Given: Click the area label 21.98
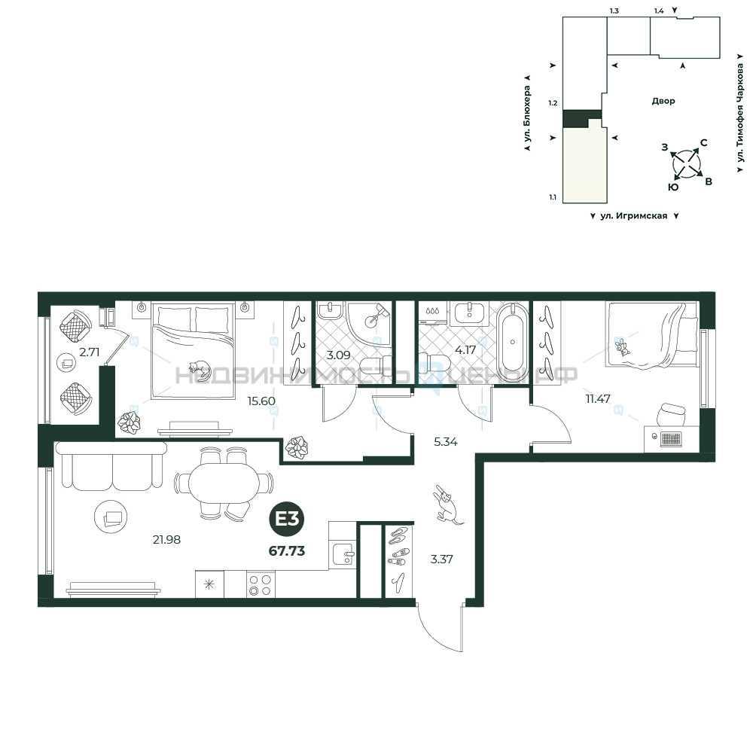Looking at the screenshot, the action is click(166, 540).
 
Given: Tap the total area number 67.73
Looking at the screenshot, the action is click(287, 551).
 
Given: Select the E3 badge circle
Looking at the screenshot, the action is click(287, 519).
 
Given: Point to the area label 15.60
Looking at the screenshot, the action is click(261, 401).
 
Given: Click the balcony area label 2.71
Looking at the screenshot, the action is click(90, 352).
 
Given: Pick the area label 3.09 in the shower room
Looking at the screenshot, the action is click(339, 355).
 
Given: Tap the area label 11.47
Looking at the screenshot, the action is click(598, 398).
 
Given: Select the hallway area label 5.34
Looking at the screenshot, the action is click(446, 442).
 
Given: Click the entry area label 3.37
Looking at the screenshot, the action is click(441, 559).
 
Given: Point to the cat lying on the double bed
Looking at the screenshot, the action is click(200, 369).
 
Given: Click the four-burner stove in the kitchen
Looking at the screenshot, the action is click(261, 584).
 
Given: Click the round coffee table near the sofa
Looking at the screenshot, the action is click(111, 517).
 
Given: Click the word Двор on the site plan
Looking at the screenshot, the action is click(663, 101).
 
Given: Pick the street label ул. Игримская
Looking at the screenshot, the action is click(634, 216).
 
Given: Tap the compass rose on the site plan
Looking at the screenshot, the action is click(687, 164).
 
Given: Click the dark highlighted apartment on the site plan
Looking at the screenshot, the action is click(581, 118).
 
